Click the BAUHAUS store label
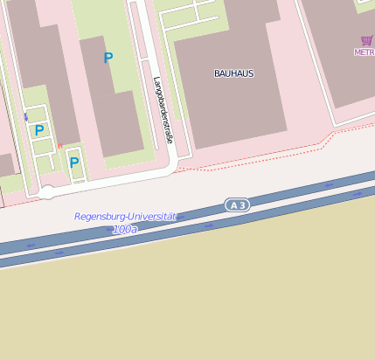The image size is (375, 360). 233,73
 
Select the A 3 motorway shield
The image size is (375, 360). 237,204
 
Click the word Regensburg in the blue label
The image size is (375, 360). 101,217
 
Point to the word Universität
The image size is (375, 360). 153,216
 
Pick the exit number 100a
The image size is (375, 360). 125,229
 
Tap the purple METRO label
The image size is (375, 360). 364,52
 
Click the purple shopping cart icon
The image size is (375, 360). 366,40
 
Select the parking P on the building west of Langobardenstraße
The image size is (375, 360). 108,58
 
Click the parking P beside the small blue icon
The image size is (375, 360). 39,130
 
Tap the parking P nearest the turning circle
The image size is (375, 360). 74,162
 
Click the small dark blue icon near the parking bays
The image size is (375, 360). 26,117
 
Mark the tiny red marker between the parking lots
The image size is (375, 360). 59,146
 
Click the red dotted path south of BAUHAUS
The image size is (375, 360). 262,162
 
